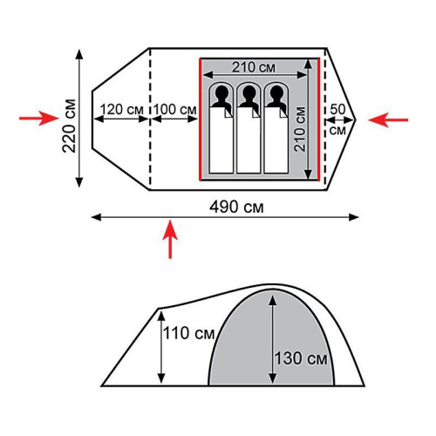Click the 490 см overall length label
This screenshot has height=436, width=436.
(236, 208)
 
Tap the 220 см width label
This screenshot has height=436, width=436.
(69, 126)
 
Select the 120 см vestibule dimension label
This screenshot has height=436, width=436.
(122, 110)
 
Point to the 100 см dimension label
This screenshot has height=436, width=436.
(175, 110)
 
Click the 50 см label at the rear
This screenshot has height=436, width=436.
(337, 119)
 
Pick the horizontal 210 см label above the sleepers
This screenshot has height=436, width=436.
(254, 67)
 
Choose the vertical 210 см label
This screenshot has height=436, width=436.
(300, 129)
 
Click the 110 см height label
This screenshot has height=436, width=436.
(188, 333)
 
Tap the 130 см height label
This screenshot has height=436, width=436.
(301, 358)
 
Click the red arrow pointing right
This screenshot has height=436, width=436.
(39, 119)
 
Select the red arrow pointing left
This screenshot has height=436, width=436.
(388, 119)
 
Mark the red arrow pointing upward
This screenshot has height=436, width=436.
(170, 239)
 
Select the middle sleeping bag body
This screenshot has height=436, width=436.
(249, 140)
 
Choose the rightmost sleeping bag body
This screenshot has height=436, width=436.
(276, 140)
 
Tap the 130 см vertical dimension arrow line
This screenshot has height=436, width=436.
(272, 339)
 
